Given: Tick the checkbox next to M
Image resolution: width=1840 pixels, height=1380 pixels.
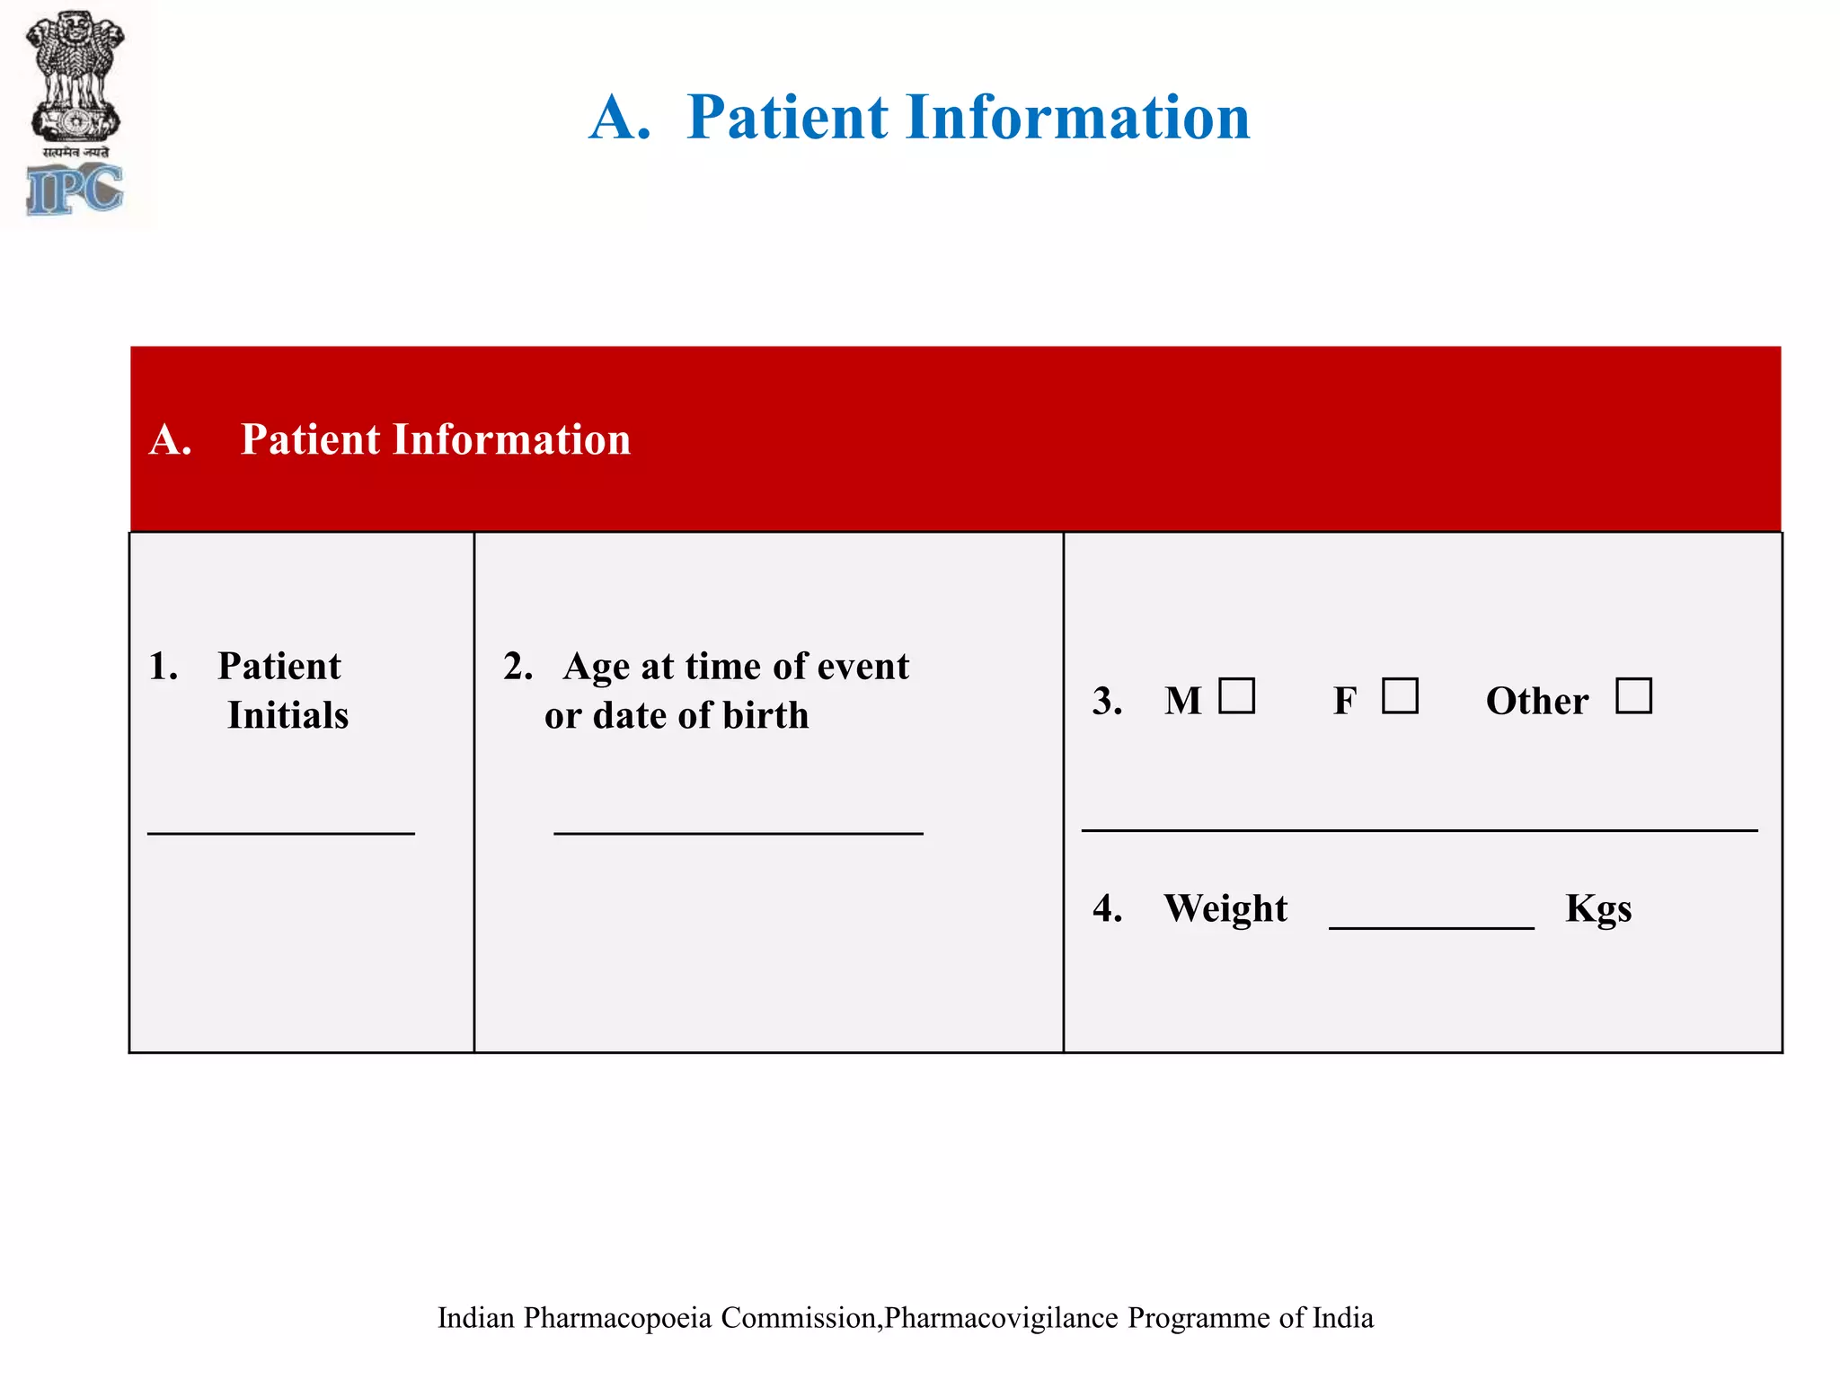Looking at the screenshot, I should click(1236, 696).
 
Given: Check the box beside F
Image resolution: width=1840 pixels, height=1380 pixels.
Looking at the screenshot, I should click(1400, 696).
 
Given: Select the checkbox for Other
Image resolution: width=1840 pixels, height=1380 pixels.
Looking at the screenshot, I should click(1633, 696).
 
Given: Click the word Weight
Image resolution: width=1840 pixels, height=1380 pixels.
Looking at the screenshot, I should click(1225, 908).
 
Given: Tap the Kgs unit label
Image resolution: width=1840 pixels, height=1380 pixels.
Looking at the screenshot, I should click(1598, 908).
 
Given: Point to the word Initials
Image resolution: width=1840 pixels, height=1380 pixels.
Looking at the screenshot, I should click(287, 715).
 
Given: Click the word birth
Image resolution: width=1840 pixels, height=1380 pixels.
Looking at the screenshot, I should click(765, 715).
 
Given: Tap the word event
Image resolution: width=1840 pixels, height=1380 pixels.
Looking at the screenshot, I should click(867, 667).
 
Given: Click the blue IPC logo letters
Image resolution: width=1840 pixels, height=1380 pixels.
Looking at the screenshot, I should click(75, 190).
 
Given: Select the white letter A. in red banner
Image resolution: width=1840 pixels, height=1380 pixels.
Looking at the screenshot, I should click(171, 440).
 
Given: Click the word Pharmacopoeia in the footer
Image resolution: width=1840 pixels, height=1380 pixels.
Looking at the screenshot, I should click(618, 1318).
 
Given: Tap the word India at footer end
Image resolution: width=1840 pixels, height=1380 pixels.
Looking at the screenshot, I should click(1342, 1318).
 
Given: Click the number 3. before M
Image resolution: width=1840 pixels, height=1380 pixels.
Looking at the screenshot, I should click(1107, 701).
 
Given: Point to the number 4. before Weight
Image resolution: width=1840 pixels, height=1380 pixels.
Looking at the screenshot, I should click(1107, 908).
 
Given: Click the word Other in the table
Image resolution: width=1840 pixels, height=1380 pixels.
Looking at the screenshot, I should click(1536, 701).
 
